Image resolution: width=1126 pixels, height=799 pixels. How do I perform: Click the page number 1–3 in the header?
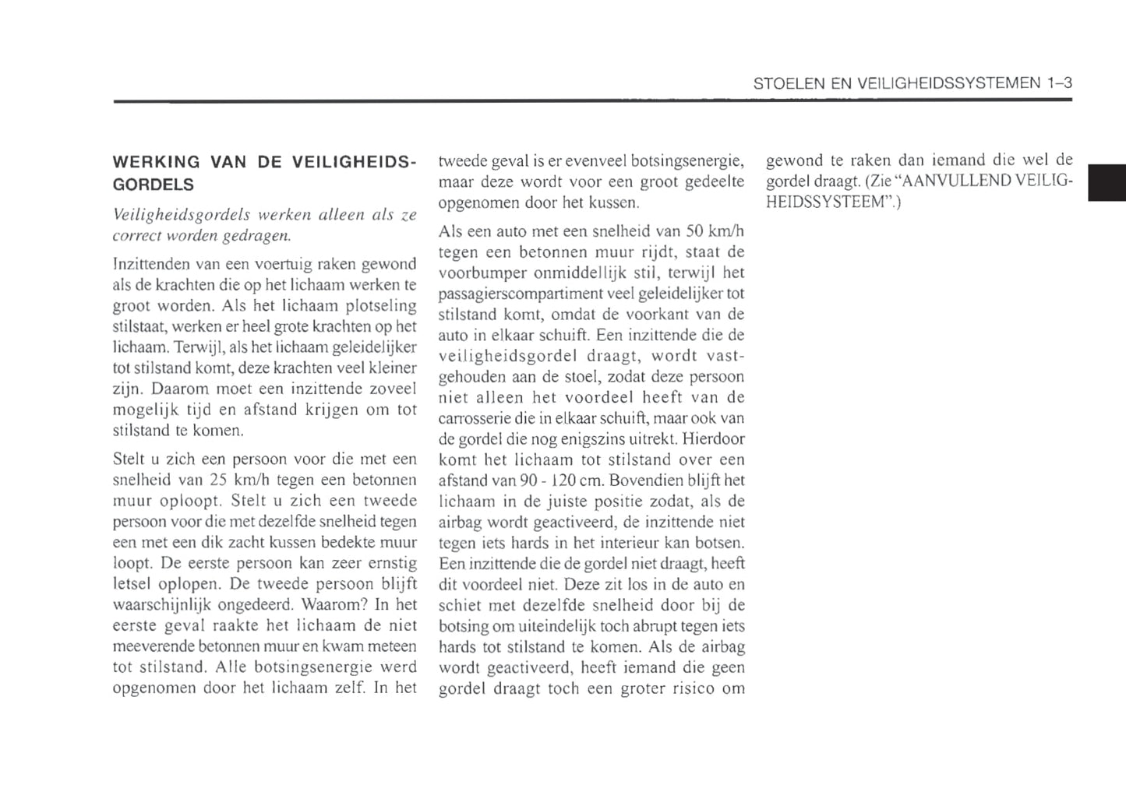pyautogui.click(x=1059, y=83)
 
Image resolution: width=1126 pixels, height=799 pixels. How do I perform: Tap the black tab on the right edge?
pyautogui.click(x=1107, y=183)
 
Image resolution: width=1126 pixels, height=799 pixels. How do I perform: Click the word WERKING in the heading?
pyautogui.click(x=156, y=163)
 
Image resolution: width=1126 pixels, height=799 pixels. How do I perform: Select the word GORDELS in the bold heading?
pyautogui.click(x=154, y=185)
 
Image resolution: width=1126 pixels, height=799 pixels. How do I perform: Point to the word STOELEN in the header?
pyautogui.click(x=784, y=83)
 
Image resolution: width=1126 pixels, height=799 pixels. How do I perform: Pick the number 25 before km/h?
pyautogui.click(x=217, y=480)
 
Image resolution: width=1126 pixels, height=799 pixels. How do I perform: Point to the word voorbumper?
pyautogui.click(x=482, y=273)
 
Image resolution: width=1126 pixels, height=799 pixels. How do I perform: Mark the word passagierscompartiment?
pyautogui.click(x=508, y=294)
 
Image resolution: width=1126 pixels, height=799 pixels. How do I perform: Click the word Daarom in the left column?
pyautogui.click(x=177, y=389)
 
